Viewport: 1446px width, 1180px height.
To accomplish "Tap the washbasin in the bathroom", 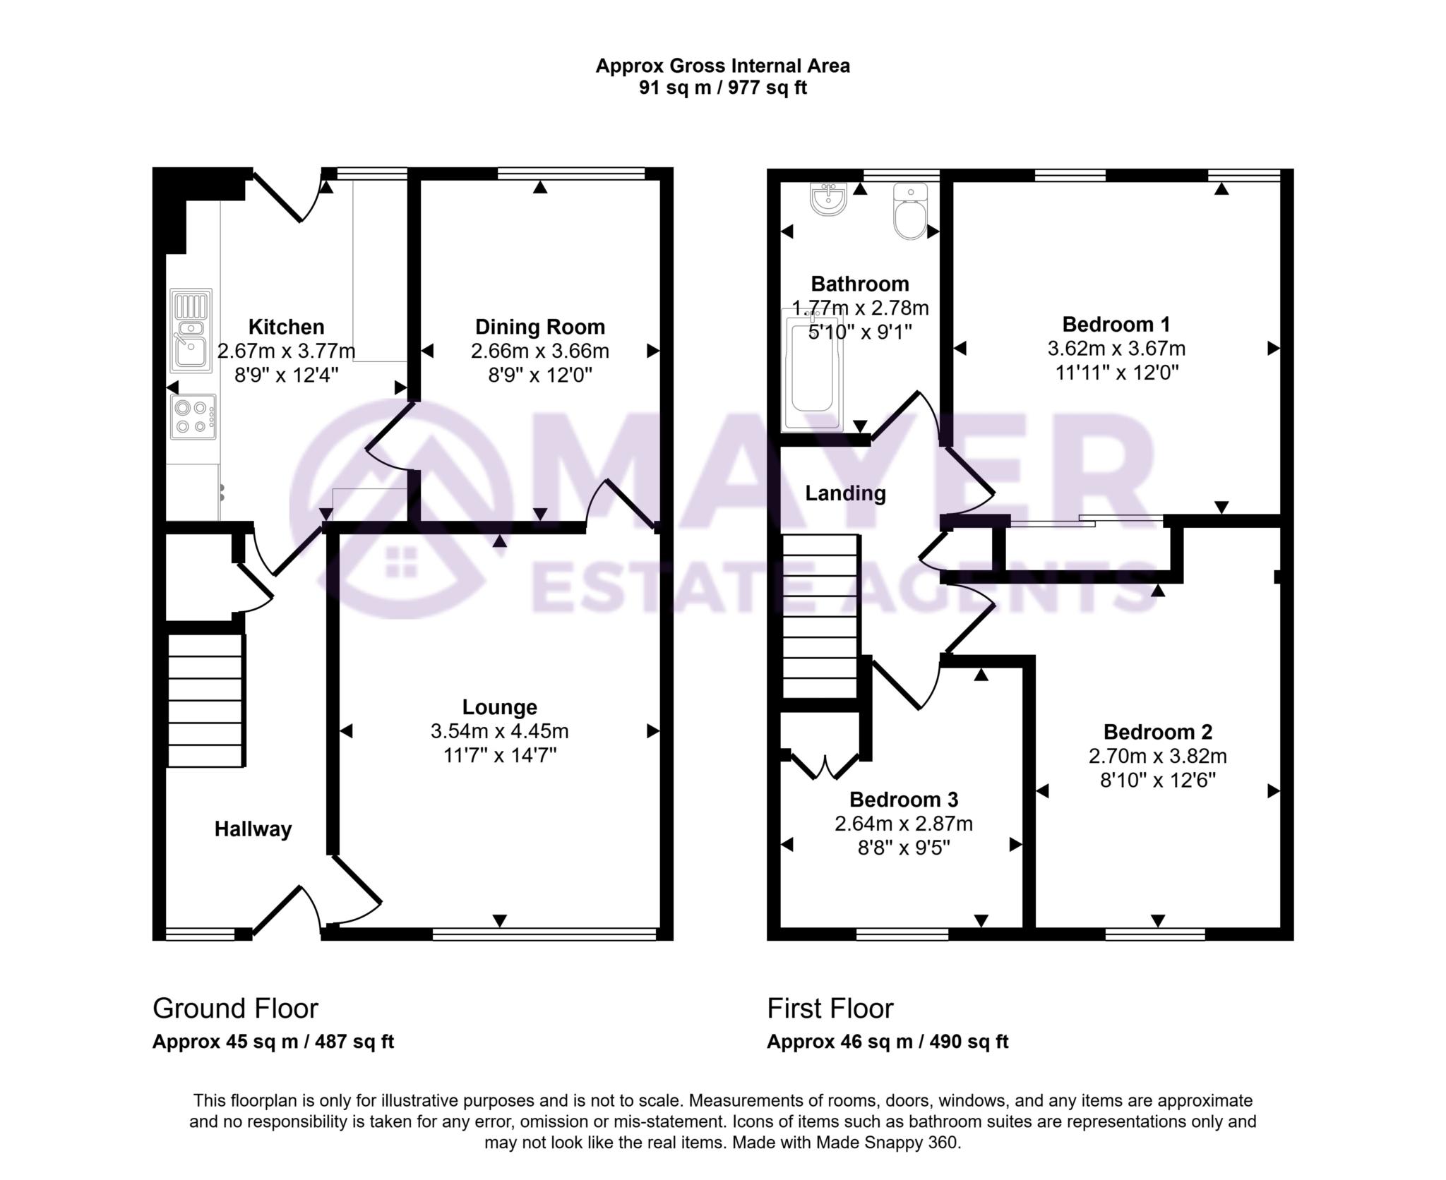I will click(828, 198).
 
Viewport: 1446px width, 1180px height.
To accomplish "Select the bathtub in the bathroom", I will click(812, 370).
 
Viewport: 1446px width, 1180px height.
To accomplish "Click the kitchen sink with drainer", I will click(191, 330).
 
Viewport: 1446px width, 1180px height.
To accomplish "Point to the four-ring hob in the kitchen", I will click(193, 416).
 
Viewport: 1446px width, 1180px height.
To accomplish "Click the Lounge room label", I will click(499, 706).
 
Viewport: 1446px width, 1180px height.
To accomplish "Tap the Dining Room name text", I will click(539, 327).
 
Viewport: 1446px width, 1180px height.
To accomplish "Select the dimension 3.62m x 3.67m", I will click(1116, 349).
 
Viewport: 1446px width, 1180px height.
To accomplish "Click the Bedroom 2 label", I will click(1157, 732).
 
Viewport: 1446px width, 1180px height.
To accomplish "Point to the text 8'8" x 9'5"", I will click(904, 848).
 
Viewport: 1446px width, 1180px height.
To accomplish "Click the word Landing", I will click(845, 493).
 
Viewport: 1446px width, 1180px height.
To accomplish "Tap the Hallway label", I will click(253, 829).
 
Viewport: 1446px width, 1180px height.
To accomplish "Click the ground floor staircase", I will click(205, 700).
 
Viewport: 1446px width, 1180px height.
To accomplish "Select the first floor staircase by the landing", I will click(820, 616).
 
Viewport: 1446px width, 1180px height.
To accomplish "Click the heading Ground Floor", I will click(235, 1009).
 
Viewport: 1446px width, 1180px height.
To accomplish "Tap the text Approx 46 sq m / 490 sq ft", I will click(888, 1042).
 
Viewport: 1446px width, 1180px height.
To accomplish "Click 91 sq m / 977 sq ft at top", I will click(722, 88).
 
